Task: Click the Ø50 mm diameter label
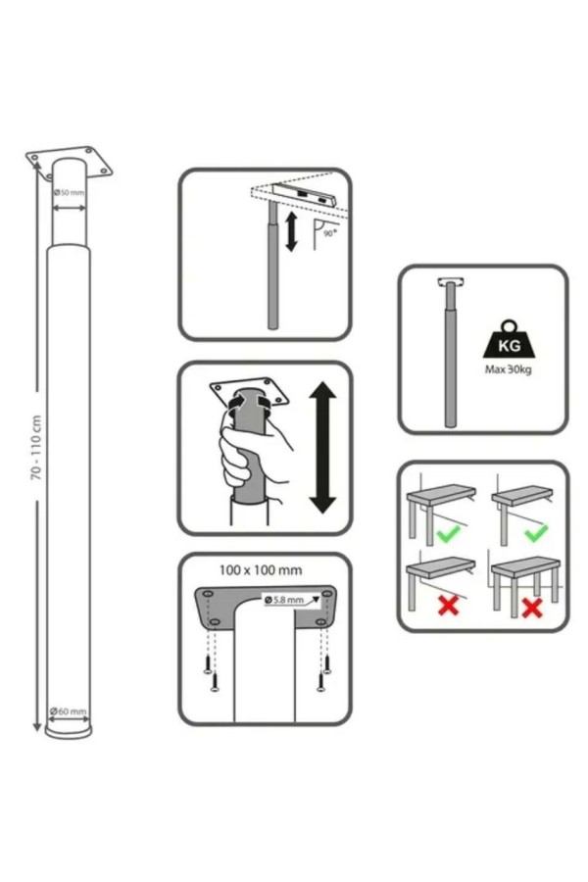pyautogui.click(x=69, y=192)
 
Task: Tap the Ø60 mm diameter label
pyautogui.click(x=68, y=711)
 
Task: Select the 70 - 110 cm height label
pyautogui.click(x=36, y=448)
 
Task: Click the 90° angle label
pyautogui.click(x=329, y=233)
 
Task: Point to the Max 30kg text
pyautogui.click(x=508, y=369)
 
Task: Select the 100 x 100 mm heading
pyautogui.click(x=261, y=569)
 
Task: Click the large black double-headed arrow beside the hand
pyautogui.click(x=322, y=447)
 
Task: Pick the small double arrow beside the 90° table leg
pyautogui.click(x=291, y=231)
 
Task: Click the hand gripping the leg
pyautogui.click(x=253, y=450)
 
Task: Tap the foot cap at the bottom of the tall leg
pyautogui.click(x=69, y=732)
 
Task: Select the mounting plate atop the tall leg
pyautogui.click(x=70, y=162)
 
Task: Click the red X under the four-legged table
pyautogui.click(x=532, y=608)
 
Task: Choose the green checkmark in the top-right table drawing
pyautogui.click(x=535, y=533)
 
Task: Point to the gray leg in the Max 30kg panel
pyautogui.click(x=450, y=355)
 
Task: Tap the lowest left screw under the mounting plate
pyautogui.click(x=214, y=682)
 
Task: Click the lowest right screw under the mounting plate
pyautogui.click(x=320, y=681)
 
